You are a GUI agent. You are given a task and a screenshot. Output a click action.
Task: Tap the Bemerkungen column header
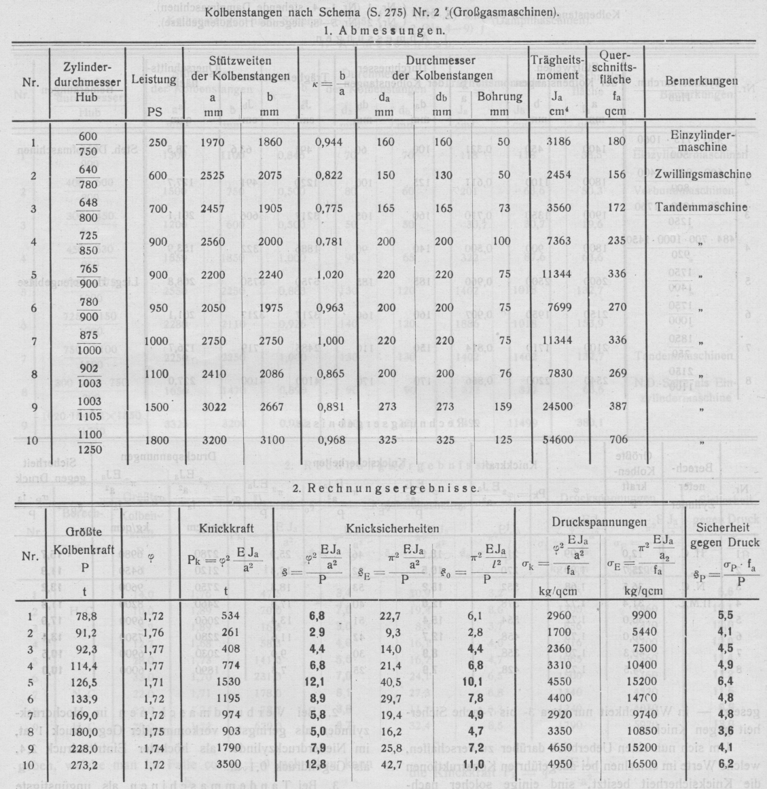[702, 80]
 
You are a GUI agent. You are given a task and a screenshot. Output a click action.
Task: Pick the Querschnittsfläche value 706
[615, 441]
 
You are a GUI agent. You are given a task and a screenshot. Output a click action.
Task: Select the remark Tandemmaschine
[702, 207]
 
